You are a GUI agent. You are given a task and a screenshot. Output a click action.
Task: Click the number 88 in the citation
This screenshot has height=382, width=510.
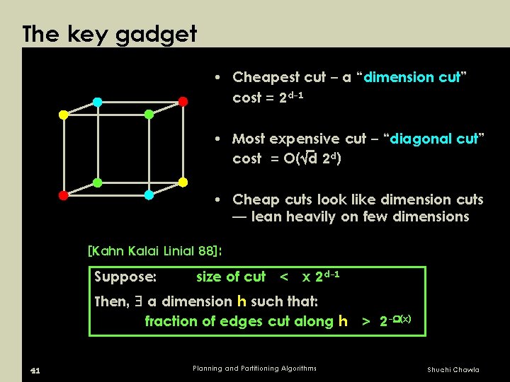tap(204, 250)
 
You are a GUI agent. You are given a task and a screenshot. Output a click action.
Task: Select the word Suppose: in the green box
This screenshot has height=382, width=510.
tap(125, 277)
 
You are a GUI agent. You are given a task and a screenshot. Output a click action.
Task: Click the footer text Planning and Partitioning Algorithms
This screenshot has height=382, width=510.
tap(255, 368)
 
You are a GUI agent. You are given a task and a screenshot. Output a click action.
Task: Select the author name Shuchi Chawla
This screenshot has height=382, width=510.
tap(453, 369)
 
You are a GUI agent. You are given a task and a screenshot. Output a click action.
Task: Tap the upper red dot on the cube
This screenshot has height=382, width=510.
tap(183, 101)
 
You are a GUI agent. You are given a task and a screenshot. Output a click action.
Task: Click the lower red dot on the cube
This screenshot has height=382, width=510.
tap(63, 195)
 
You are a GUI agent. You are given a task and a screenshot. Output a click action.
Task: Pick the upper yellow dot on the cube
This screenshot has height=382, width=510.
tap(63, 115)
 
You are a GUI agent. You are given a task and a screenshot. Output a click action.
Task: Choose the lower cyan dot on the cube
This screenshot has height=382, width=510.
tap(149, 195)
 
